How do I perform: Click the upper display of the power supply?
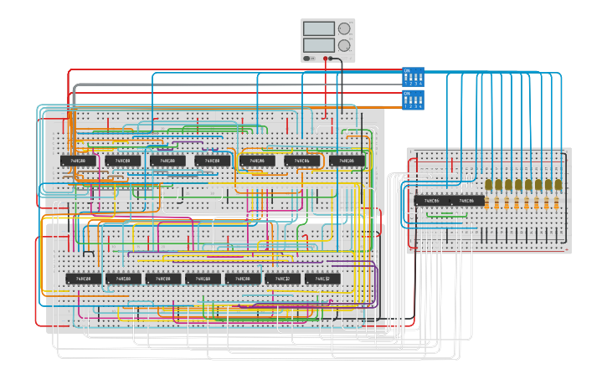tap(318, 28)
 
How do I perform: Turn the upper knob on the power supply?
tap(344, 28)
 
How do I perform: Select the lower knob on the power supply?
tap(344, 44)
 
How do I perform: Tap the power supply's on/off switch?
tap(309, 58)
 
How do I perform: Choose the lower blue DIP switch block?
tap(414, 100)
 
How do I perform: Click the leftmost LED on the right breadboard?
tap(489, 184)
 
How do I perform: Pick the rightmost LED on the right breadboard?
tap(559, 184)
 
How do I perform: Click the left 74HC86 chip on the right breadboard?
tap(432, 201)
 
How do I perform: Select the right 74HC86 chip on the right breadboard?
tap(468, 201)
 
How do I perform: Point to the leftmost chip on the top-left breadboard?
tap(76, 160)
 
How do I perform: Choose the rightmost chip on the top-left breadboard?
tap(347, 160)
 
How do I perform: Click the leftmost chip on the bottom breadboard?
tap(84, 279)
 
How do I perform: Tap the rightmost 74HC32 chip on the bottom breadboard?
tap(323, 279)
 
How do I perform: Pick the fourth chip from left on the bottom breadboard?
tap(203, 279)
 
